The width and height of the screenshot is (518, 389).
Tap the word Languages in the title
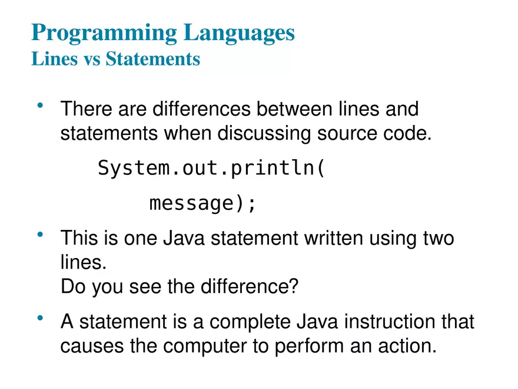(239, 33)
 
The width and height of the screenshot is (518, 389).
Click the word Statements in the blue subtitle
(152, 60)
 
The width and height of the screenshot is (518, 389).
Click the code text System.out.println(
(211, 169)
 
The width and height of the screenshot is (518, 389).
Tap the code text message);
(203, 203)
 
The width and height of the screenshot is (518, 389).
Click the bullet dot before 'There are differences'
(41, 106)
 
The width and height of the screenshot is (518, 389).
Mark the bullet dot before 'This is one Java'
(41, 236)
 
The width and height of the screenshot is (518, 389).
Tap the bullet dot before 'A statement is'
(41, 319)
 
